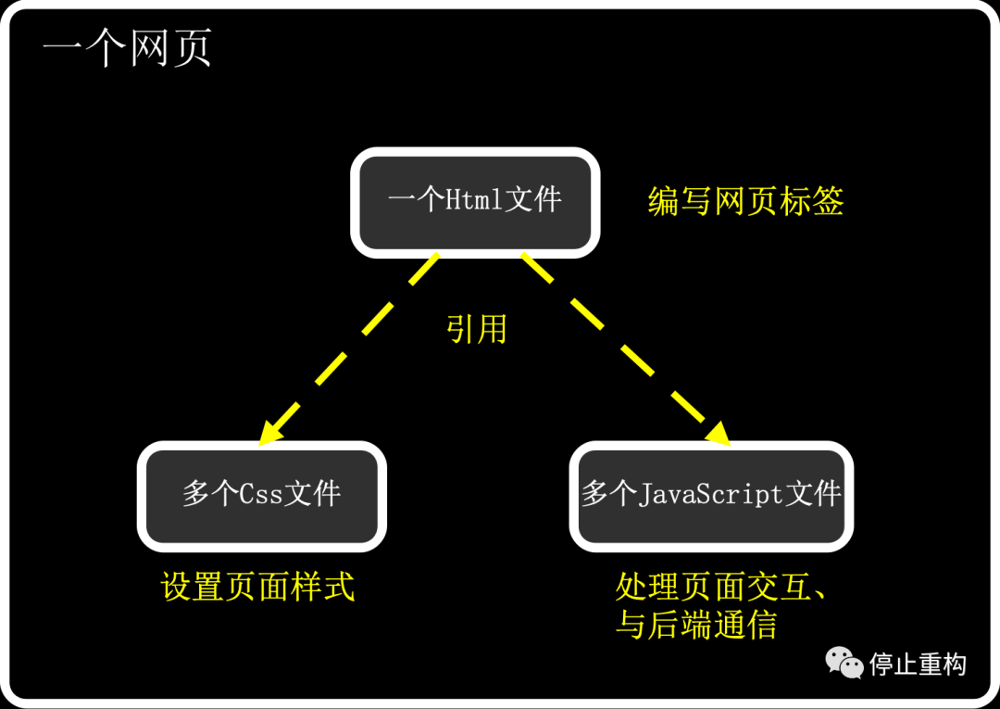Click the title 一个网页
(x=127, y=48)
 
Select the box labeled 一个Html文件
(x=475, y=202)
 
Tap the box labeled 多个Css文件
(x=261, y=496)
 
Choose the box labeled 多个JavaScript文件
(x=711, y=496)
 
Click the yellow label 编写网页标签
(x=745, y=201)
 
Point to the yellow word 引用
(x=477, y=329)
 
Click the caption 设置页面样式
(x=257, y=586)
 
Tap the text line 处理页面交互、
(x=720, y=586)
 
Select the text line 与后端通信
(x=695, y=624)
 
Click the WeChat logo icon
(x=844, y=663)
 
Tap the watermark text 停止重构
(x=918, y=665)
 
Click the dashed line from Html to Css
(x=348, y=348)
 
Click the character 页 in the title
(x=192, y=48)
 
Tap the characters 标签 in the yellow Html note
(x=811, y=201)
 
